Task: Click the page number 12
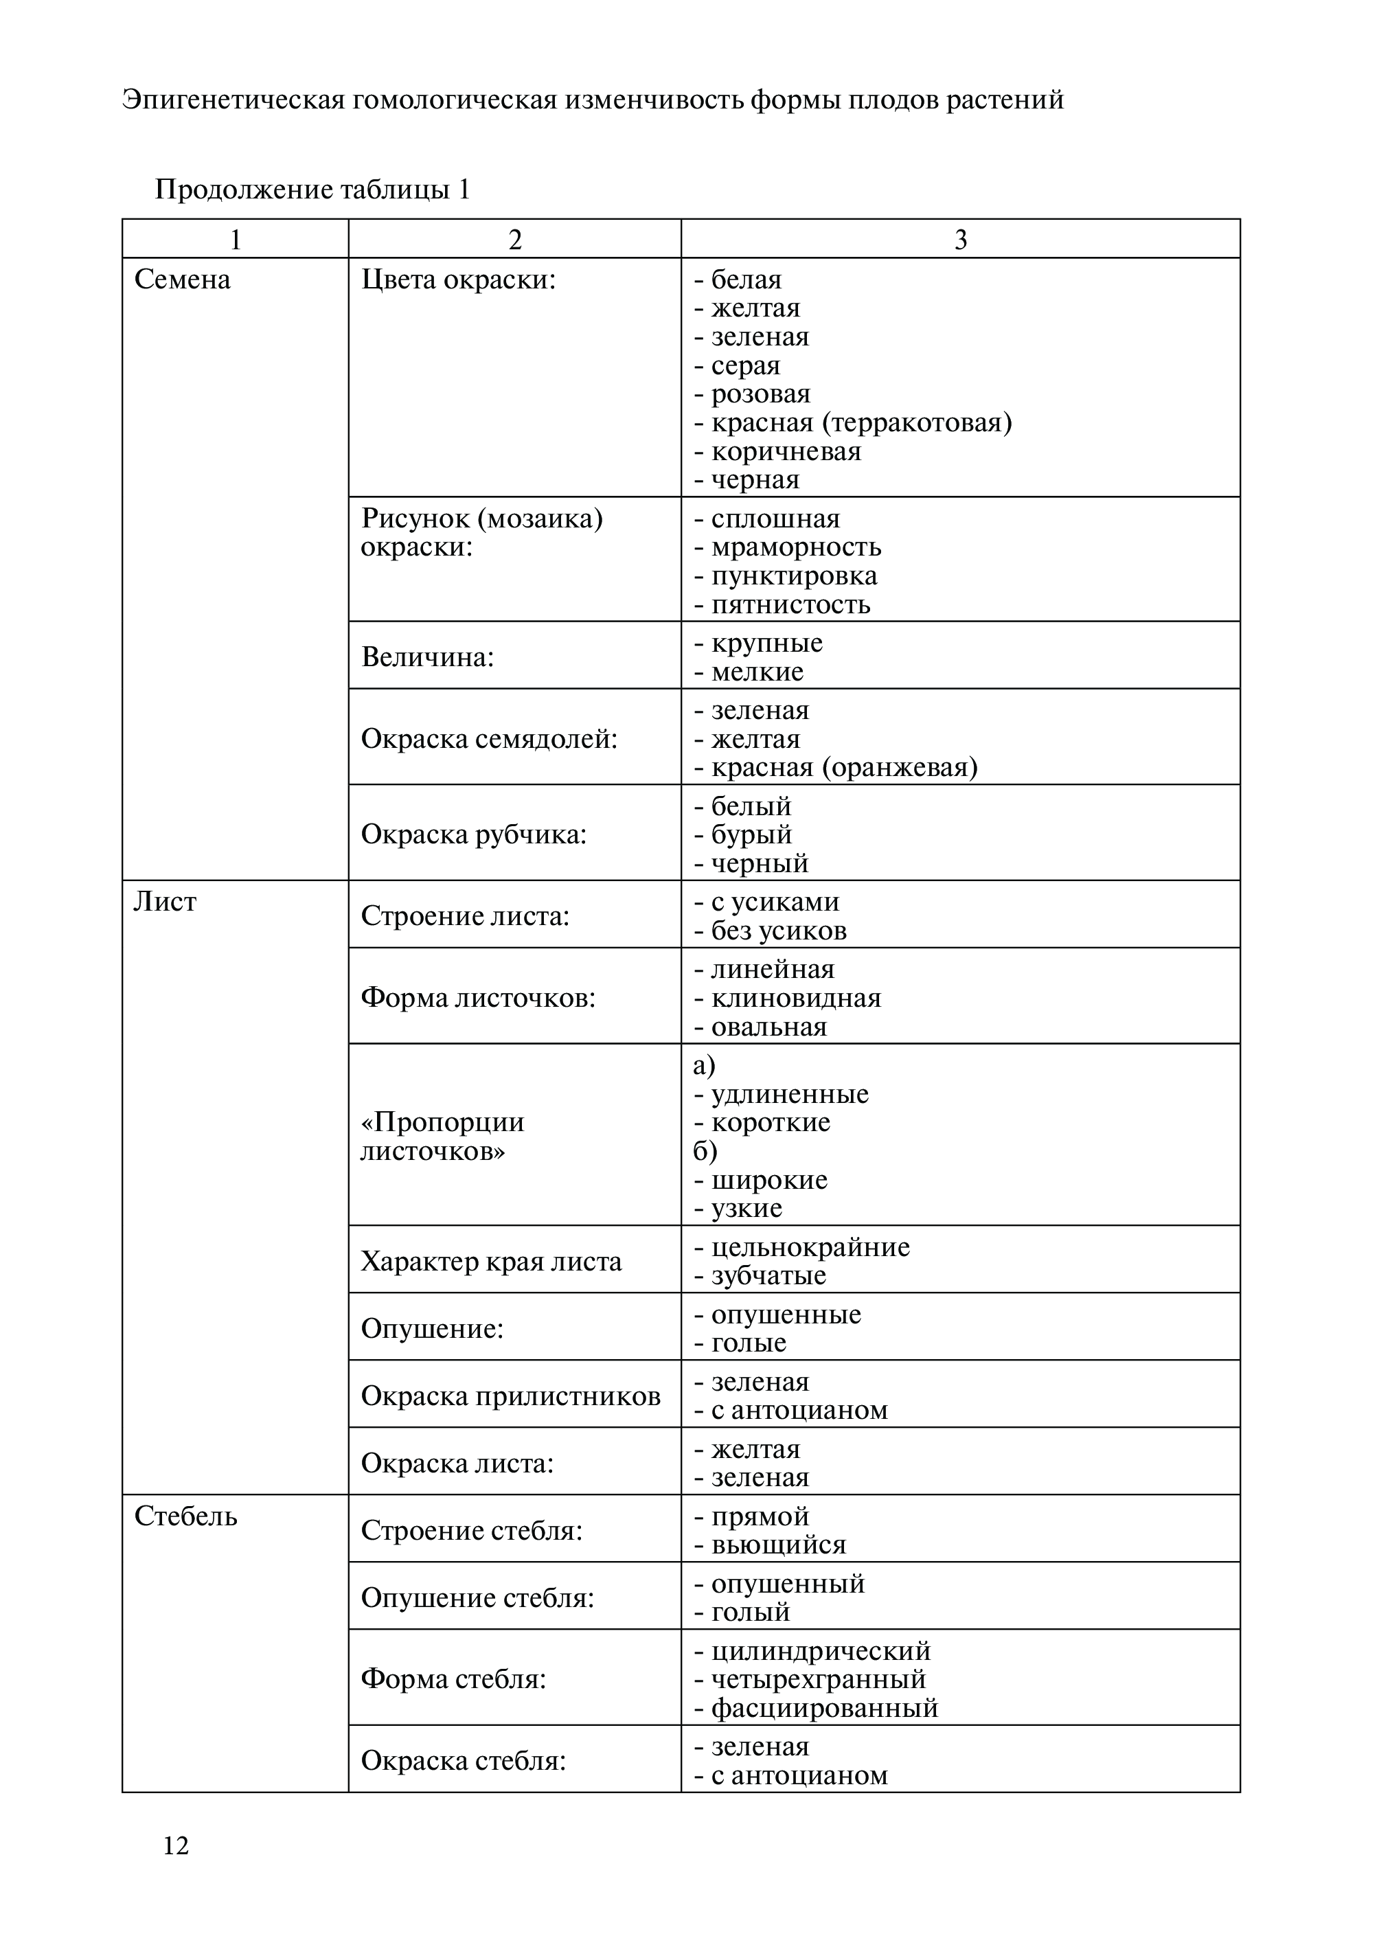click(176, 1845)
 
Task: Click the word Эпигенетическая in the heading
click(233, 100)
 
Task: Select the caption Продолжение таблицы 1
click(312, 190)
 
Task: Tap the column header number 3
click(960, 240)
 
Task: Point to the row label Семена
click(183, 280)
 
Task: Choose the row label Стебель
click(186, 1516)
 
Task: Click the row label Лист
click(165, 902)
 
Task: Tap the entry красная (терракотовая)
click(861, 423)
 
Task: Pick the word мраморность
click(796, 547)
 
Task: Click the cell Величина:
click(427, 657)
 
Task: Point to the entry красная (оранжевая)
click(844, 768)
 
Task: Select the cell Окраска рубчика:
click(474, 834)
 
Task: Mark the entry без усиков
click(778, 931)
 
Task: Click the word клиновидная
click(796, 999)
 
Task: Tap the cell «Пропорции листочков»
click(442, 1137)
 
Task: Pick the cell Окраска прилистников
click(510, 1396)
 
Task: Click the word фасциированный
click(823, 1707)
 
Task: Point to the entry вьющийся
click(778, 1545)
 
